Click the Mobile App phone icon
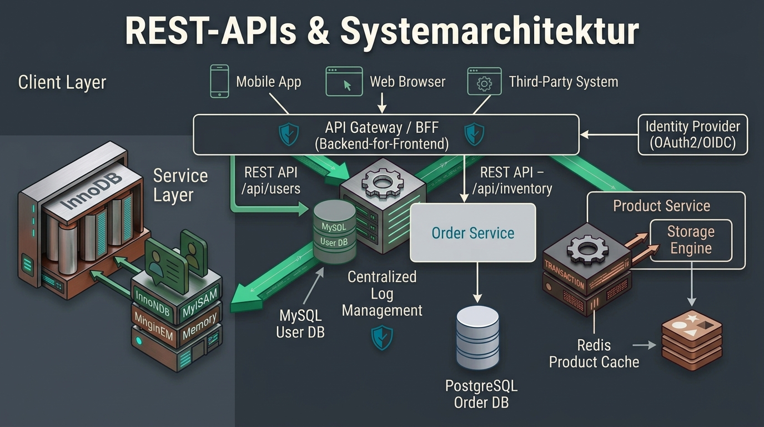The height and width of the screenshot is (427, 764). (219, 81)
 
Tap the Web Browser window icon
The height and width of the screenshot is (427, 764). (344, 81)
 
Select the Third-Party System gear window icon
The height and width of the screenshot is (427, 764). (484, 81)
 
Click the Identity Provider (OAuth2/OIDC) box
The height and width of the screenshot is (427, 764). (693, 135)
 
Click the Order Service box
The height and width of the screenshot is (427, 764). (473, 233)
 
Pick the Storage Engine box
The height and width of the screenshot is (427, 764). (691, 241)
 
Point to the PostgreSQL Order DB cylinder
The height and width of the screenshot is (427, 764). (477, 337)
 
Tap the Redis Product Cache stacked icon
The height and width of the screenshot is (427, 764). (692, 341)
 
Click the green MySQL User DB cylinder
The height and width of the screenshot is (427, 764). (335, 232)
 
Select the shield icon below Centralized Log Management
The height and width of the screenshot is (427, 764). (382, 337)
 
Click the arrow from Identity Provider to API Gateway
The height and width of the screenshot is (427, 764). (609, 135)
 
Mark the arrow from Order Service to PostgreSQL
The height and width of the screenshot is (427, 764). (477, 282)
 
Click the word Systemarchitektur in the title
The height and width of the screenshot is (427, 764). (490, 31)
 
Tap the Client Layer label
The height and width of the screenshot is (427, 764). (62, 83)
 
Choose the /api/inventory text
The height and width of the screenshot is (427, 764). (512, 188)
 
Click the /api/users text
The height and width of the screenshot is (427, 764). (271, 188)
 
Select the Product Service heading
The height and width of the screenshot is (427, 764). (662, 206)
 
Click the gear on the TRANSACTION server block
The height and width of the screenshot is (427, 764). (587, 250)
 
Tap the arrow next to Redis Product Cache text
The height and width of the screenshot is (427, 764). (644, 345)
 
